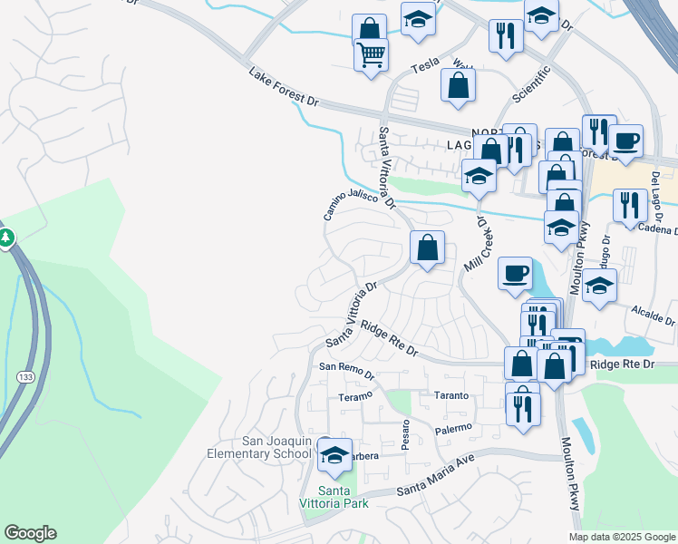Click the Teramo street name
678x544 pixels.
tap(355, 396)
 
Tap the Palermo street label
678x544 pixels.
tap(453, 428)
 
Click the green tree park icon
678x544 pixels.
tap(5, 238)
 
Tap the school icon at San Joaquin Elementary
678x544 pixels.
tap(334, 453)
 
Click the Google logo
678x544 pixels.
tap(30, 533)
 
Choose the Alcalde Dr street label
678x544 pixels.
tap(653, 316)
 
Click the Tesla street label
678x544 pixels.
tap(425, 66)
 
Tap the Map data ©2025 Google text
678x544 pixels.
tap(621, 537)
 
